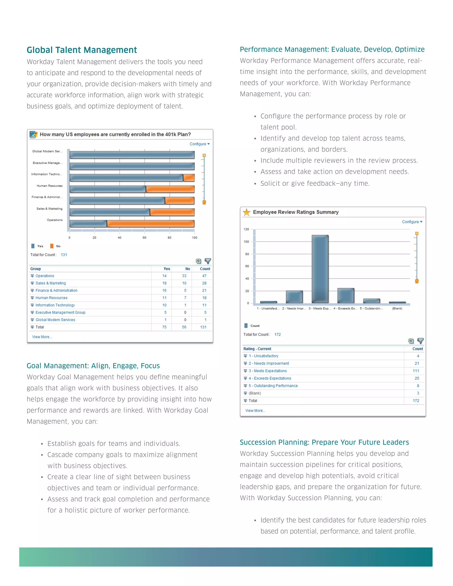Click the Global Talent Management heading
(x=82, y=50)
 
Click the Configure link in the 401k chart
(x=199, y=144)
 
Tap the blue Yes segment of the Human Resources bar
(x=108, y=189)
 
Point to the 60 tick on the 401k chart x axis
(x=144, y=237)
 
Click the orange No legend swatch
(x=52, y=246)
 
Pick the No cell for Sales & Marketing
(x=184, y=283)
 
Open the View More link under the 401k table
(x=42, y=337)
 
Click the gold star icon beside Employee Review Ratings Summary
(x=246, y=212)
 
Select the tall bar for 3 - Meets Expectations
(x=320, y=269)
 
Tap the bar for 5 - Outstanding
(x=371, y=301)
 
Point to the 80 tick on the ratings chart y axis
(x=247, y=254)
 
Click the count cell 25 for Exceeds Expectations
(x=417, y=378)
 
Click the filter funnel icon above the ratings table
(x=420, y=341)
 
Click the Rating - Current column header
(x=257, y=349)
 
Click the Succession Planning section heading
(x=324, y=442)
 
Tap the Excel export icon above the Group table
(x=198, y=261)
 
